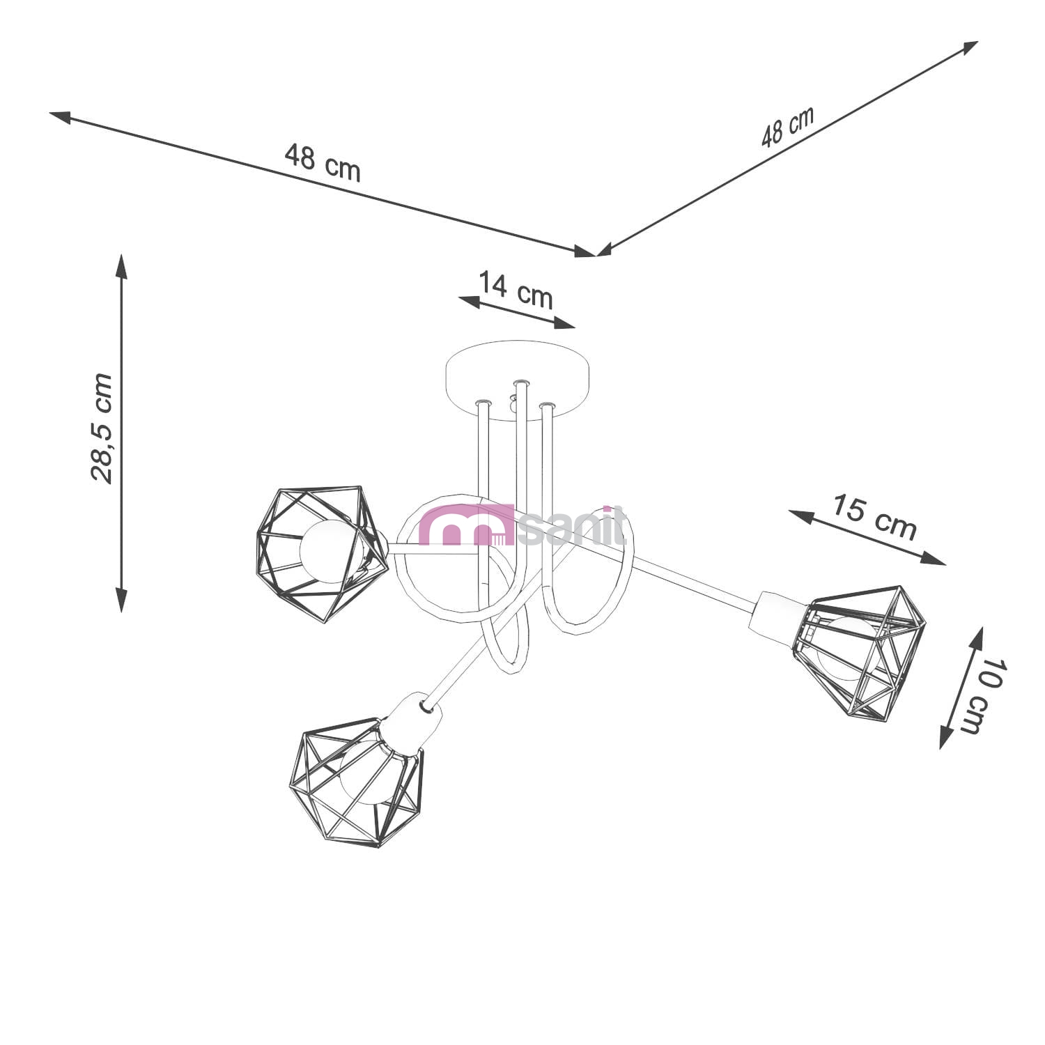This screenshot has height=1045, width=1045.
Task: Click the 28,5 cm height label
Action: point(102,428)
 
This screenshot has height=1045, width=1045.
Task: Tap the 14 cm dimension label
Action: point(516,289)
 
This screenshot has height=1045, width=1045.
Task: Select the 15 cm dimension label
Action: point(874,517)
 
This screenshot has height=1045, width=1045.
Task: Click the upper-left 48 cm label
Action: point(323,162)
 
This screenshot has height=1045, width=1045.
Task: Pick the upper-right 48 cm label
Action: point(787,126)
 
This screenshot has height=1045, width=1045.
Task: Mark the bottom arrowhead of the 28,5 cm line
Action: point(122,599)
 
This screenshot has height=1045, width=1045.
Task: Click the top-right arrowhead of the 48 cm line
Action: point(968,47)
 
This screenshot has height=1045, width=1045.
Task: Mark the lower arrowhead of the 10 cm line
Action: point(946,736)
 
